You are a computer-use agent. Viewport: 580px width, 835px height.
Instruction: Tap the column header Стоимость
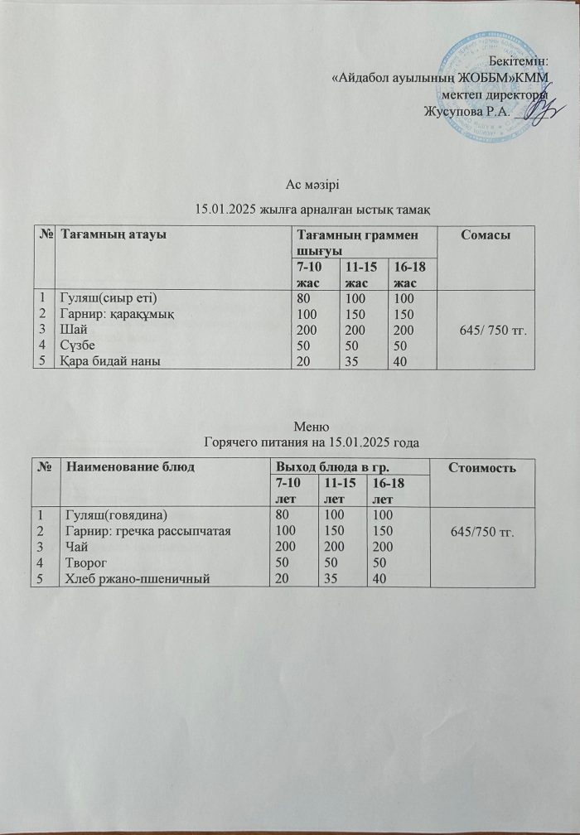[x=484, y=469]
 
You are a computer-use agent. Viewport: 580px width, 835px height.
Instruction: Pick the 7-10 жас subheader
[x=312, y=273]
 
